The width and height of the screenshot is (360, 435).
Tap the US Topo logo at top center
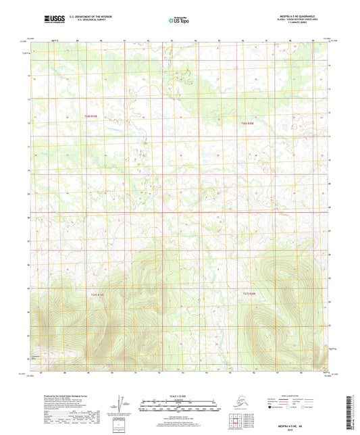[x=179, y=21]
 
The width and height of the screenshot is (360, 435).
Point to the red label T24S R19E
[x=91, y=117]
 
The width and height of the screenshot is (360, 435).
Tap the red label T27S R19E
[x=98, y=294]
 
